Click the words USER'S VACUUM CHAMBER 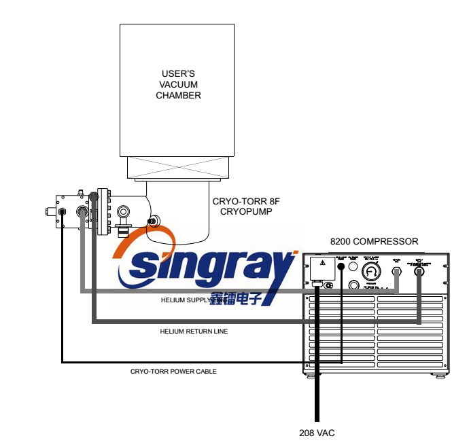coord(179,85)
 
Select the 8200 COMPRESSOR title coord(374,241)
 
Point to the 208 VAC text coord(317,433)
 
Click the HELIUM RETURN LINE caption coord(194,332)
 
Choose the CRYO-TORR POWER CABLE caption coord(173,372)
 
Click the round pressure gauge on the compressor coord(371,272)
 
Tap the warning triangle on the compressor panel coord(323,263)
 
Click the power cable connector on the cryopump coord(63,212)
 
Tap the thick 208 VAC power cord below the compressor coord(317,401)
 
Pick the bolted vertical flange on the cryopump coord(103,211)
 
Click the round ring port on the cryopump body coord(124,211)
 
